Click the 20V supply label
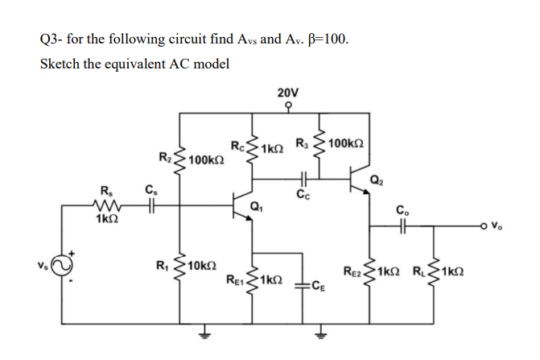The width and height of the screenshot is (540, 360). pyautogui.click(x=286, y=93)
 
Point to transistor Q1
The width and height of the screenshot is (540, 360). pyautogui.click(x=237, y=206)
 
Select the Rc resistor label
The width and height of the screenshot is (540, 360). pyautogui.click(x=237, y=146)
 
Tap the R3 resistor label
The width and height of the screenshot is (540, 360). pyautogui.click(x=300, y=144)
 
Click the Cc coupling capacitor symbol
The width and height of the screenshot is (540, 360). pyautogui.click(x=303, y=181)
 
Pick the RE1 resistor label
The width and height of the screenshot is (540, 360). pyautogui.click(x=234, y=281)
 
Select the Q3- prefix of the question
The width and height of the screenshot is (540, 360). pyautogui.click(x=51, y=38)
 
